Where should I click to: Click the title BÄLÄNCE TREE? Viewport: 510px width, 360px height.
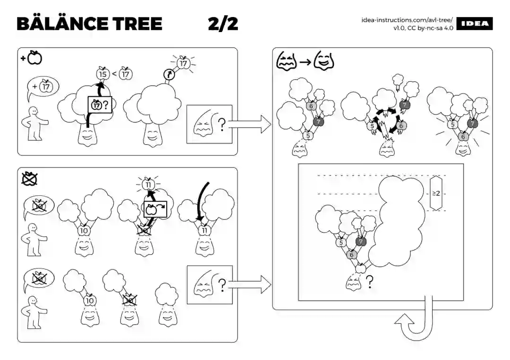89,24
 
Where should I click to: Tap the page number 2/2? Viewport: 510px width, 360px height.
223,24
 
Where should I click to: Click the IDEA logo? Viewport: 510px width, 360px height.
475,24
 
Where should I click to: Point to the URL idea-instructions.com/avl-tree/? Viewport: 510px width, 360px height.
407,20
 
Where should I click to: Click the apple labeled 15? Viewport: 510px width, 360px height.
102,73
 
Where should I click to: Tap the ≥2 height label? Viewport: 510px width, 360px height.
437,193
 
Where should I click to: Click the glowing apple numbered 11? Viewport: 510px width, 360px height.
149,184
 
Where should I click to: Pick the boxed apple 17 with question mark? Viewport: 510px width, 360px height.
99,105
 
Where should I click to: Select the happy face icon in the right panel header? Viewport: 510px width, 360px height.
323,61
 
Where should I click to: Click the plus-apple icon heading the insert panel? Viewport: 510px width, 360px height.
32,58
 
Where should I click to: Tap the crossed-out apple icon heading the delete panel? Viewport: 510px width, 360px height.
30,178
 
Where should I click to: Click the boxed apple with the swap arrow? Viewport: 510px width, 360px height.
155,209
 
